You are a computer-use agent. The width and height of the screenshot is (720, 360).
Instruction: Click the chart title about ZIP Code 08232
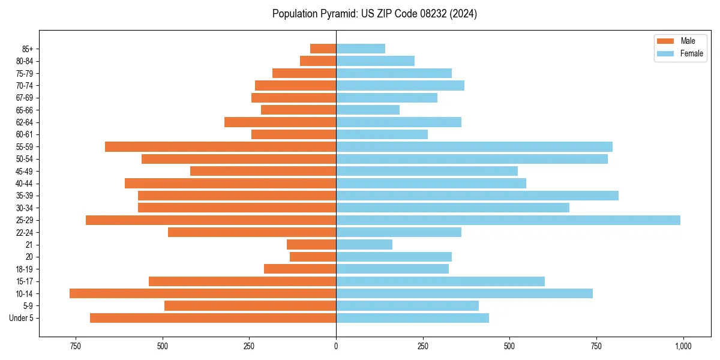pyautogui.click(x=374, y=14)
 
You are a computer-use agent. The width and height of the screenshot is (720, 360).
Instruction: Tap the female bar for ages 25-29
pyautogui.click(x=508, y=220)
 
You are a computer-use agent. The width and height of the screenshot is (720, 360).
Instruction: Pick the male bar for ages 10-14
pyautogui.click(x=203, y=293)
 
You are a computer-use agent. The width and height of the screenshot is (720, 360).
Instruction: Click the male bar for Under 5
pyautogui.click(x=213, y=318)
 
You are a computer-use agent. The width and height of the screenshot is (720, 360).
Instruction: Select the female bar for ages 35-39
pyautogui.click(x=477, y=196)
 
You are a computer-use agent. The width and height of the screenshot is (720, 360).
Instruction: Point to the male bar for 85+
pyautogui.click(x=323, y=49)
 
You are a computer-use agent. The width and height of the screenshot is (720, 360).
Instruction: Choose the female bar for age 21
pyautogui.click(x=364, y=245)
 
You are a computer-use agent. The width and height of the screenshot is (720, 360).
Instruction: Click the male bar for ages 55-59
pyautogui.click(x=220, y=147)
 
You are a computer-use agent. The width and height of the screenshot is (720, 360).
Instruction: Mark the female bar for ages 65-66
pyautogui.click(x=368, y=110)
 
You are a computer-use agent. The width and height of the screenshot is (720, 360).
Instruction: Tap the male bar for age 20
pyautogui.click(x=313, y=257)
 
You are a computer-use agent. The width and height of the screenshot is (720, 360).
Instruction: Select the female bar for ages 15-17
pyautogui.click(x=440, y=281)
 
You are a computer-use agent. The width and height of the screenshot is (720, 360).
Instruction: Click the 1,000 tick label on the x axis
pyautogui.click(x=683, y=346)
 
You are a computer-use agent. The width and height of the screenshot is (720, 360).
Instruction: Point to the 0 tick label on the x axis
pyautogui.click(x=336, y=346)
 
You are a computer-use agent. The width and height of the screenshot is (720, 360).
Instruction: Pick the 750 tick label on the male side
pyautogui.click(x=75, y=346)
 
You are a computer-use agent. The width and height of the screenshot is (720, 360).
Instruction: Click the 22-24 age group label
pyautogui.click(x=24, y=233)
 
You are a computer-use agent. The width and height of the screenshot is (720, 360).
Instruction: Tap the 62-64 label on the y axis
pyautogui.click(x=24, y=122)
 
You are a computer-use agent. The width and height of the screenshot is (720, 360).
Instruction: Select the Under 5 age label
pyautogui.click(x=21, y=318)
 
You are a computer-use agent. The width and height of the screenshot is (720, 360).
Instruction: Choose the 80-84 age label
pyautogui.click(x=24, y=61)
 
